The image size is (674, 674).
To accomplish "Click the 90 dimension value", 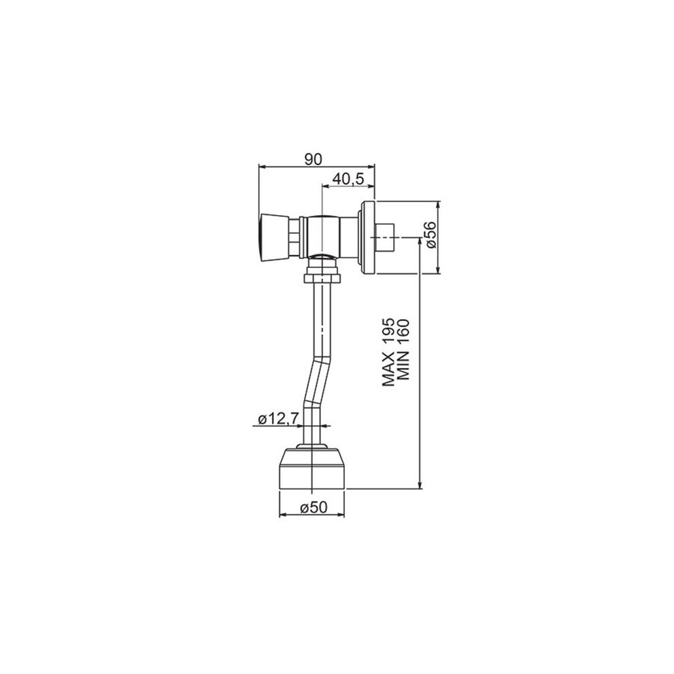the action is click(314, 159).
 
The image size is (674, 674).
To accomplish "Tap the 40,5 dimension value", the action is click(349, 178).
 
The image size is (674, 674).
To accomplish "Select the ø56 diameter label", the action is click(431, 235).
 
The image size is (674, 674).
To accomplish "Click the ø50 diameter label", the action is click(314, 507).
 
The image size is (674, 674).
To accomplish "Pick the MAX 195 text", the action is click(388, 352).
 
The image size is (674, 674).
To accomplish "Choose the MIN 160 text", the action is click(403, 350).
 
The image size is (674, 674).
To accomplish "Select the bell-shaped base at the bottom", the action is click(312, 468).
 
